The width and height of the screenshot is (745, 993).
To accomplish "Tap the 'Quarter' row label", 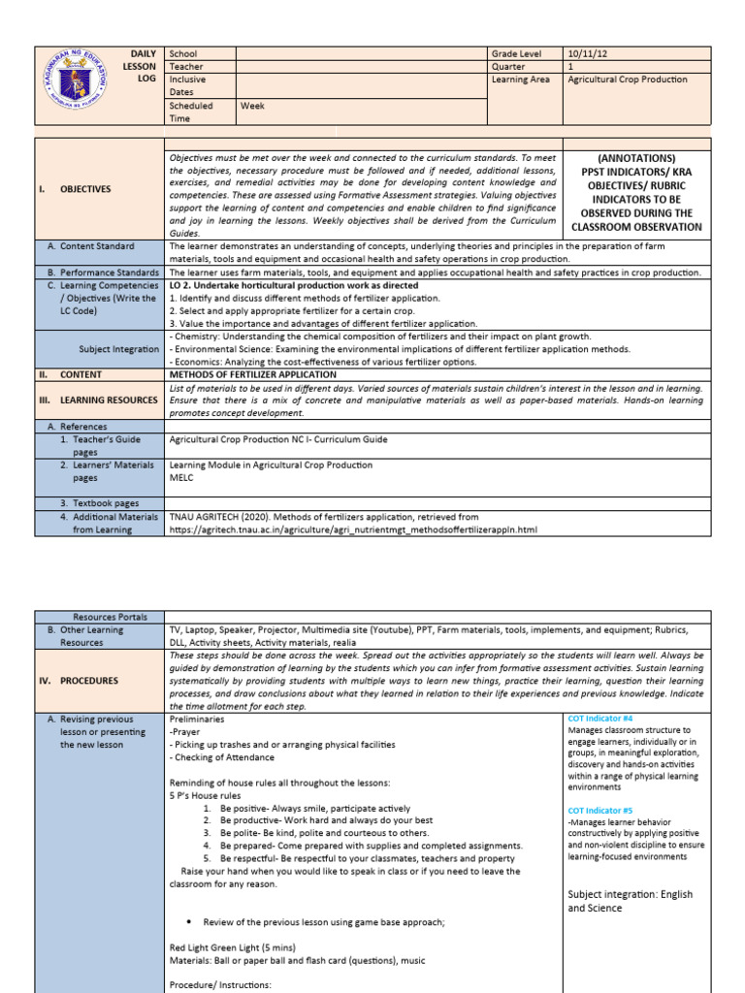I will click(511, 67).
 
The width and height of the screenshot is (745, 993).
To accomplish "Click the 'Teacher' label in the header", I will click(186, 67).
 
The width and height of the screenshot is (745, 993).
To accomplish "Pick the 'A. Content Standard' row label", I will click(90, 246).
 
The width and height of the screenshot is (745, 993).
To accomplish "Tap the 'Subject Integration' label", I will click(118, 348).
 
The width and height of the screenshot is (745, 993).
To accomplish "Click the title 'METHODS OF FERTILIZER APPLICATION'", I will click(253, 374).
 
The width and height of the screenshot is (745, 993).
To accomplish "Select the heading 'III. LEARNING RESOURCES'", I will click(97, 400).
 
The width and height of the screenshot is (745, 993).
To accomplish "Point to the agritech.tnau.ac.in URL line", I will click(352, 530).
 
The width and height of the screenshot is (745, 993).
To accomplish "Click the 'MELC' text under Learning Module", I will click(181, 478).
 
